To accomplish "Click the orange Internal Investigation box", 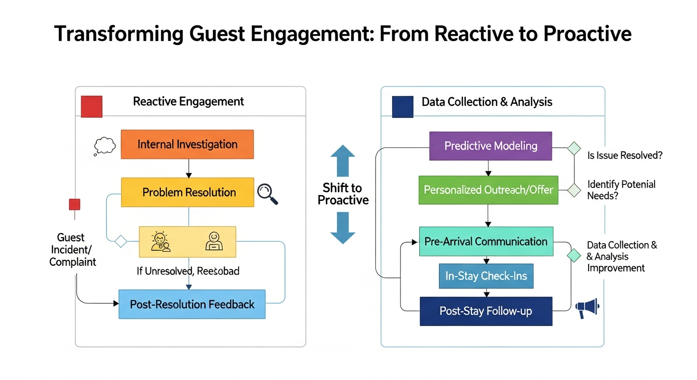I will (187, 144).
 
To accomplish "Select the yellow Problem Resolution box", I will (187, 192).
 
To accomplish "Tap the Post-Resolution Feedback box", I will (192, 304).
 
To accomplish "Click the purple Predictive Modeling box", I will (490, 146).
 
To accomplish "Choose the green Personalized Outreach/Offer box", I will (488, 190).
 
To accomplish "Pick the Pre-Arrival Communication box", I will (486, 241).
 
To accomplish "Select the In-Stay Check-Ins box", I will (486, 276).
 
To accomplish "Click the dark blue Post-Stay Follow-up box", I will (486, 311).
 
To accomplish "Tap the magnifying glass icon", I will (268, 194).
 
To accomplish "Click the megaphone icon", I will (588, 308).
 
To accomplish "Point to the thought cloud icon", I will (104, 146).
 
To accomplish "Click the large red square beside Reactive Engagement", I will (92, 106).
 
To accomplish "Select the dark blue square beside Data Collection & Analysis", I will (402, 106).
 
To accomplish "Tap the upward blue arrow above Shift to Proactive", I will (343, 161).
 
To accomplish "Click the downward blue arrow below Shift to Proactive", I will (343, 228).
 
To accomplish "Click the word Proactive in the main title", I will (587, 34).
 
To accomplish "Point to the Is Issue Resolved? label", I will (624, 155).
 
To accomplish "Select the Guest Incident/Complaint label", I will (73, 250).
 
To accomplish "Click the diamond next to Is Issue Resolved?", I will (574, 148).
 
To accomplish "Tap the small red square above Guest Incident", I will (74, 204).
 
